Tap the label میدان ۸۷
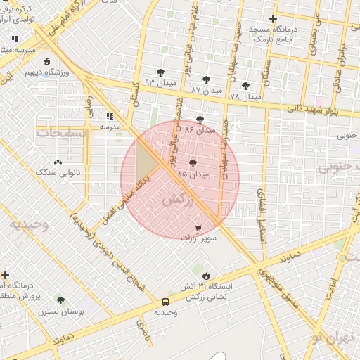206,91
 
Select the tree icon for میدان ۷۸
245,85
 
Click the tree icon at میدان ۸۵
193,163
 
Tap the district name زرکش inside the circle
177,200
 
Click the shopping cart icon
200,228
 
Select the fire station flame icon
206,276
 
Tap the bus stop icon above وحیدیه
165,301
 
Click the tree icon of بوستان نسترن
60,300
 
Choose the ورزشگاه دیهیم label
48,72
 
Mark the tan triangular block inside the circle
146,162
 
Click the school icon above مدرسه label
110,116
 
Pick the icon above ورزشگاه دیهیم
47,61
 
